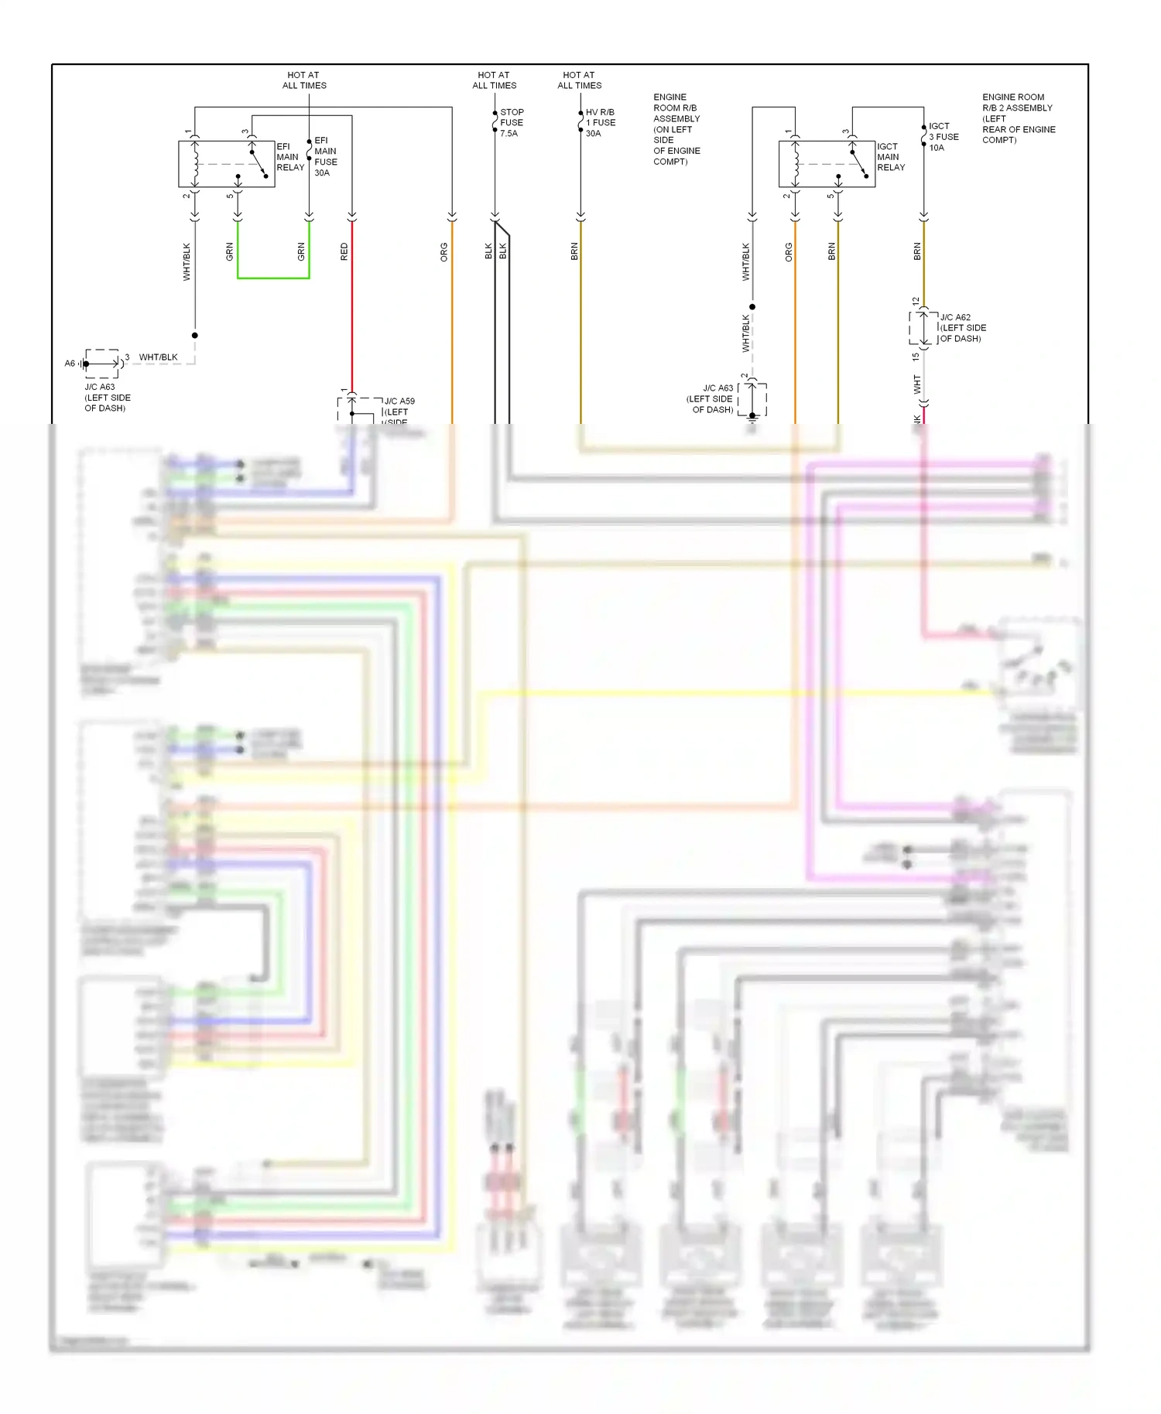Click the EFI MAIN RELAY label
click(x=289, y=157)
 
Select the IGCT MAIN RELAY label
click(x=890, y=157)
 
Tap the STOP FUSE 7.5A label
click(x=511, y=123)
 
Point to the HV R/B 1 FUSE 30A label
click(x=600, y=123)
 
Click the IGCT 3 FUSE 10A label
click(x=943, y=137)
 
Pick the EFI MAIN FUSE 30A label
click(x=325, y=157)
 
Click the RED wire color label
click(x=344, y=251)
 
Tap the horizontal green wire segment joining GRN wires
click(x=273, y=278)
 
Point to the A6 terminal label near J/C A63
click(x=70, y=364)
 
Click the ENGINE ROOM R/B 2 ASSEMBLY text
click(x=1018, y=118)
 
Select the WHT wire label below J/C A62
click(x=917, y=384)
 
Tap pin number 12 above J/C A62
click(x=916, y=301)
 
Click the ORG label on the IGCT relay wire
click(x=789, y=252)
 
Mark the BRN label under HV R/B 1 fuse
click(x=574, y=251)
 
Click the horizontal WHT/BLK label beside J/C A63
click(x=158, y=357)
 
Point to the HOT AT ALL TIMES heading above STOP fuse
click(x=494, y=80)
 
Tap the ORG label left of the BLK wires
click(x=444, y=252)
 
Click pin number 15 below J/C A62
click(x=916, y=357)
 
